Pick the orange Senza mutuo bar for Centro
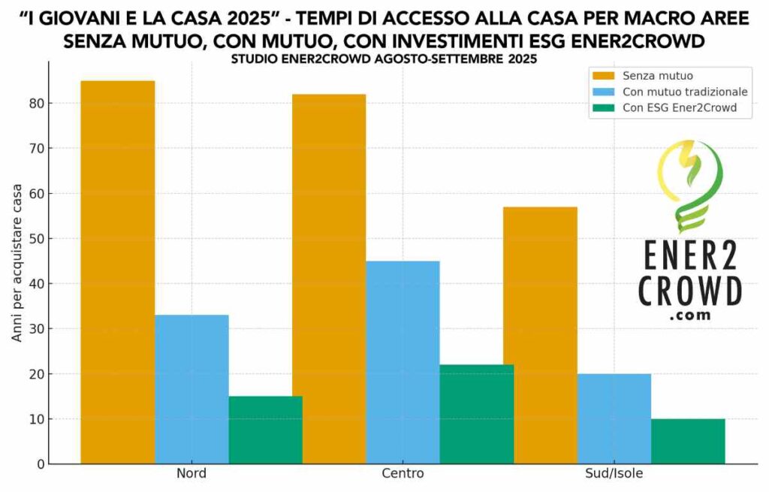[329, 279]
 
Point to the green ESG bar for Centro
[476, 414]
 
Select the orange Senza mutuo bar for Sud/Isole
[540, 335]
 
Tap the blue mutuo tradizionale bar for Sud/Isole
[614, 418]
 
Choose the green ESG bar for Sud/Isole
[687, 441]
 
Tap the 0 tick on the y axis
[38, 463]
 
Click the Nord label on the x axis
[191, 474]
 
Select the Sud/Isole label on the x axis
[614, 474]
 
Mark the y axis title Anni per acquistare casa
[17, 262]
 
